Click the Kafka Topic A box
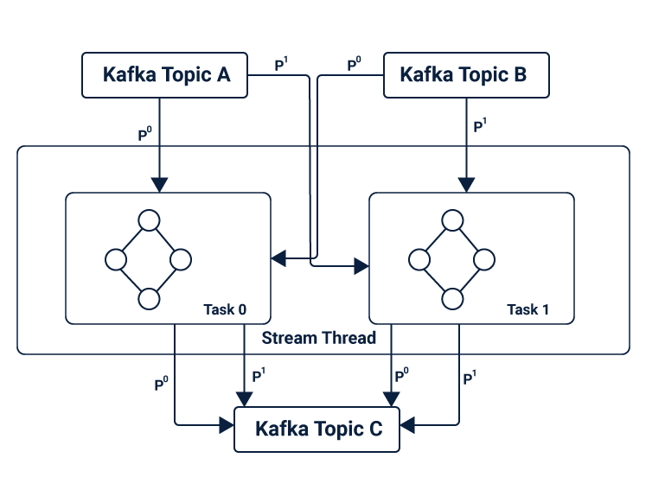[x=165, y=75]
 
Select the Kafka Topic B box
[x=465, y=75]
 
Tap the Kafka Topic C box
[x=317, y=429]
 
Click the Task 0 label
[x=225, y=309]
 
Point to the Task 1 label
[x=528, y=309]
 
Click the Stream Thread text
[x=319, y=338]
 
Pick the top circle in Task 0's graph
[x=150, y=219]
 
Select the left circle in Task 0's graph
[x=116, y=259]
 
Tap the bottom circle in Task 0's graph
[x=150, y=299]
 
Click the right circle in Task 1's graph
[x=484, y=259]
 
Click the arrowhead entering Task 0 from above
[x=159, y=185]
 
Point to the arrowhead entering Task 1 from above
[x=467, y=185]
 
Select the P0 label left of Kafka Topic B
[x=354, y=65]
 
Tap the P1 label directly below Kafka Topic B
[x=480, y=126]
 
